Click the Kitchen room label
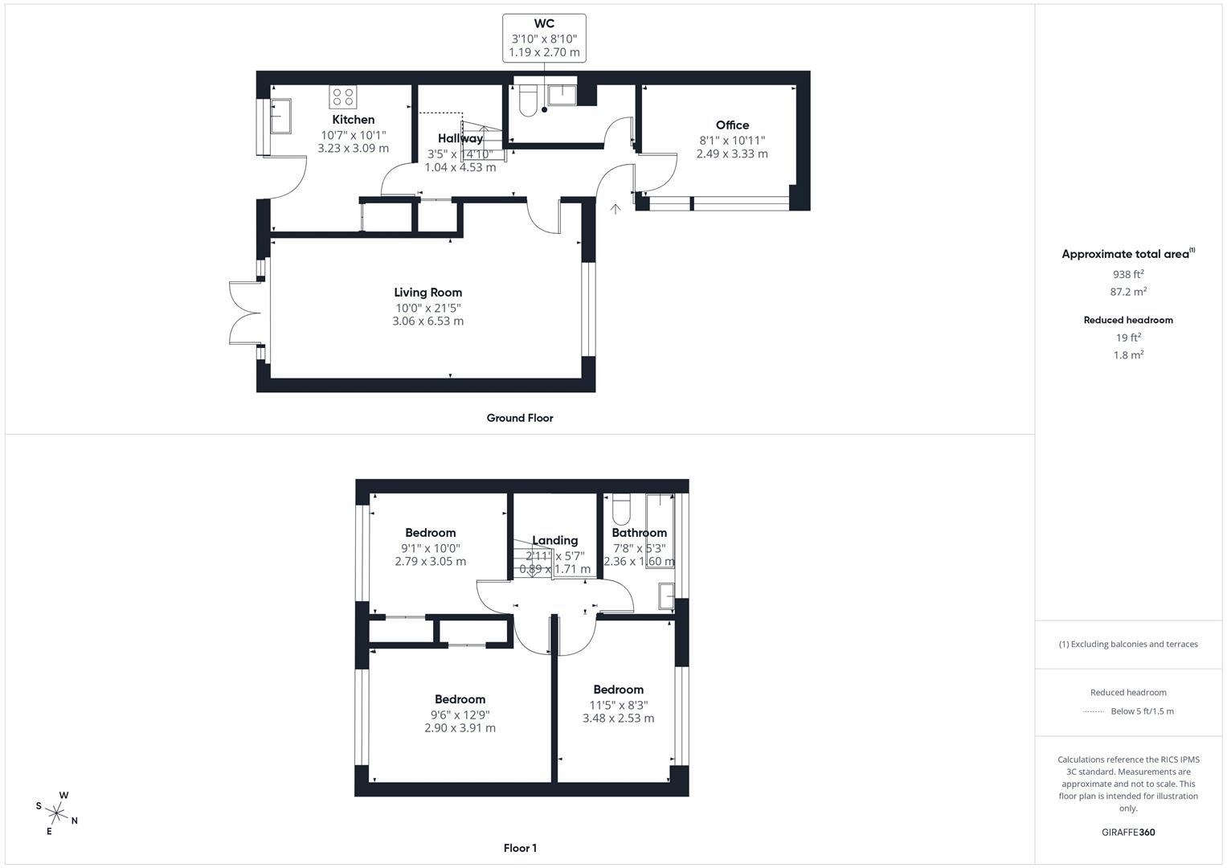tap(354, 120)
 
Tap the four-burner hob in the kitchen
tap(343, 97)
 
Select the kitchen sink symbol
tap(280, 116)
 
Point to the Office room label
tap(732, 125)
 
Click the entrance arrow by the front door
tap(616, 209)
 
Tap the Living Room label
tap(428, 293)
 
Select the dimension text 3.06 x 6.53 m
tap(428, 321)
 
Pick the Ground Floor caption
tap(520, 418)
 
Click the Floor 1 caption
tap(520, 848)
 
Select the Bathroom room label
tap(640, 533)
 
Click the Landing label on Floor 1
tap(555, 540)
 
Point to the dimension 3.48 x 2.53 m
tap(619, 718)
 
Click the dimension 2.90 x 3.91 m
tap(460, 728)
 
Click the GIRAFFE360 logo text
tap(1128, 832)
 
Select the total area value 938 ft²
tap(1128, 274)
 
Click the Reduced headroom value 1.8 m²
tap(1128, 355)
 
